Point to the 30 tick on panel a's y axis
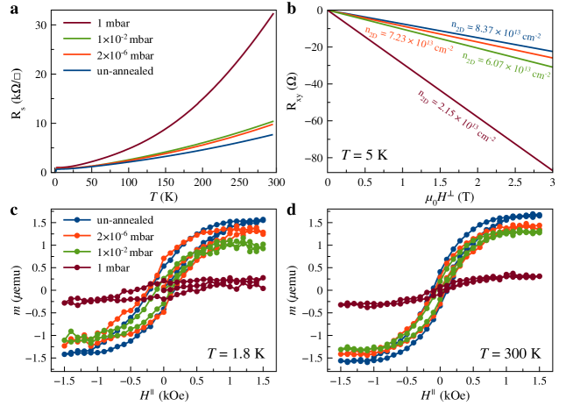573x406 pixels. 44,25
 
